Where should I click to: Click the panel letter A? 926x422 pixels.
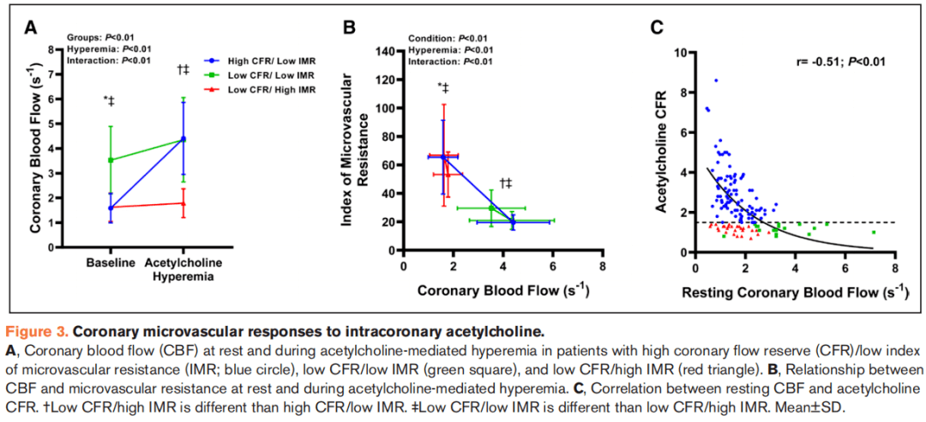(31, 27)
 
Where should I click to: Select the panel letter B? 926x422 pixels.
(349, 27)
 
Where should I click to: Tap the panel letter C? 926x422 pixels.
(656, 27)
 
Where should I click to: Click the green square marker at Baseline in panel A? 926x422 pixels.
(110, 160)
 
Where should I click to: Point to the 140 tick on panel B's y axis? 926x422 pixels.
(385, 51)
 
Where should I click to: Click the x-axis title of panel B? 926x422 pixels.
(502, 290)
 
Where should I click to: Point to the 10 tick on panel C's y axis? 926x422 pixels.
(681, 52)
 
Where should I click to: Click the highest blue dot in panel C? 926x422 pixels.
(716, 81)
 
